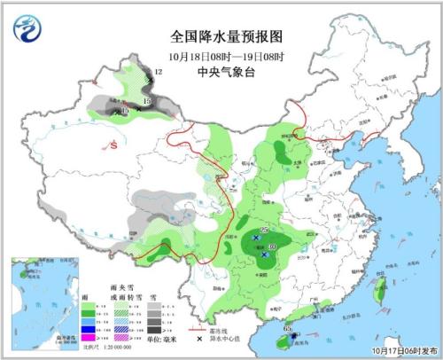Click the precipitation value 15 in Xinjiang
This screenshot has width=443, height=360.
(x=146, y=103)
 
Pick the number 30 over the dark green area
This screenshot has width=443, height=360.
(x=272, y=247)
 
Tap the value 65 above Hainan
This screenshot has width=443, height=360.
(x=288, y=329)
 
